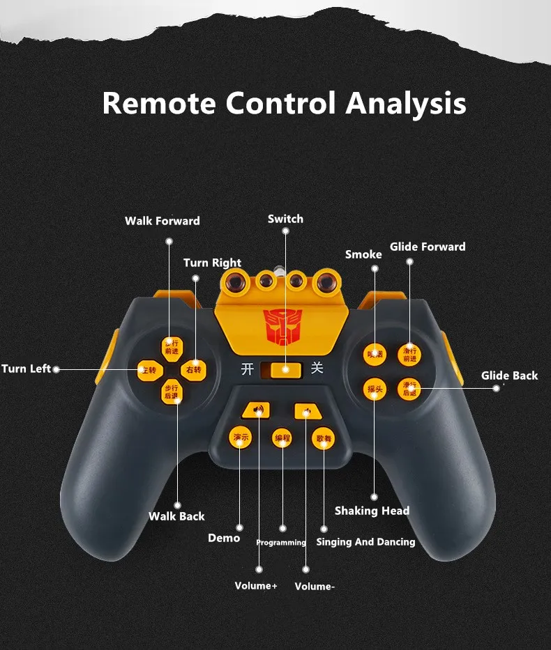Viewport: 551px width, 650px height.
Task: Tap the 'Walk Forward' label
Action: pos(163,221)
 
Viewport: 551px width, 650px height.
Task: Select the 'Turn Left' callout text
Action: pos(27,369)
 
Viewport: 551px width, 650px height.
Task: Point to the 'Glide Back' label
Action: pos(509,376)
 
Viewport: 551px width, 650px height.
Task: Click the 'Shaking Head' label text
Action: pos(372,511)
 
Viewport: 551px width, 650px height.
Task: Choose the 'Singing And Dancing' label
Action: pos(365,541)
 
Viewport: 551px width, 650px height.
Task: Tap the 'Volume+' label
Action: pos(256,586)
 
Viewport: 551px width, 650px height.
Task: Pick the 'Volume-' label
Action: pos(315,587)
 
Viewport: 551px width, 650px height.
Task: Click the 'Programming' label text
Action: pos(281,543)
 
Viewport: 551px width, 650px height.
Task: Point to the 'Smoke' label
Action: pos(363,254)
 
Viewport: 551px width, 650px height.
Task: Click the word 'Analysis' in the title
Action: pos(406,103)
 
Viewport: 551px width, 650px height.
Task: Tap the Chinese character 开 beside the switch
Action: pos(247,369)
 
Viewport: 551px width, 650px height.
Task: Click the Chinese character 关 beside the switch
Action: pos(317,367)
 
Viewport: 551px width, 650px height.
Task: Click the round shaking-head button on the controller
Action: pos(375,389)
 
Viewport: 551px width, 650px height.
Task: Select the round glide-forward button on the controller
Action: pos(409,355)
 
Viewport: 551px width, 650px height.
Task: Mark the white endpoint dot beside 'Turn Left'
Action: pos(56,369)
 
